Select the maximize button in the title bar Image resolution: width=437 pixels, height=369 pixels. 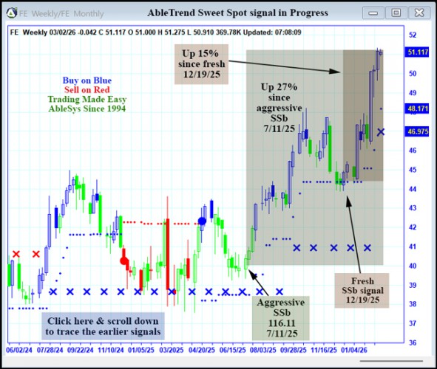[x=396, y=13]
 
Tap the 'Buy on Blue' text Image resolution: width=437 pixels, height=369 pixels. [x=87, y=80]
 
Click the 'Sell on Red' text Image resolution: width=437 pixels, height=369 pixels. [x=87, y=89]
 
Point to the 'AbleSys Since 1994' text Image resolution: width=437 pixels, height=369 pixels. [x=87, y=108]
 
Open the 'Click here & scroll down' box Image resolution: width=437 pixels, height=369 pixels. [x=102, y=326]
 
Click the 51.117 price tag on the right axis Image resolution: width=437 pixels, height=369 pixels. [x=419, y=52]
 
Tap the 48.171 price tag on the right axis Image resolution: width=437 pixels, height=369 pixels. [x=419, y=108]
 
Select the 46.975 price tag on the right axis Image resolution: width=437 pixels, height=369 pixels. [x=419, y=131]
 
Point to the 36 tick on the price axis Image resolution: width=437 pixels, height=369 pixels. [x=413, y=342]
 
